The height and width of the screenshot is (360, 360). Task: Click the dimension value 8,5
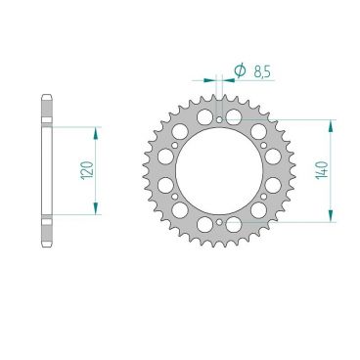click(x=262, y=71)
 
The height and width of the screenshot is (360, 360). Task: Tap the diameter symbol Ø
click(x=239, y=70)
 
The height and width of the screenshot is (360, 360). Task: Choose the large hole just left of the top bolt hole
click(x=203, y=116)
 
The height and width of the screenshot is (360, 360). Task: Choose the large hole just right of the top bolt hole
click(x=240, y=116)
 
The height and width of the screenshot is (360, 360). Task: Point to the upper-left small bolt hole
click(x=175, y=146)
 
